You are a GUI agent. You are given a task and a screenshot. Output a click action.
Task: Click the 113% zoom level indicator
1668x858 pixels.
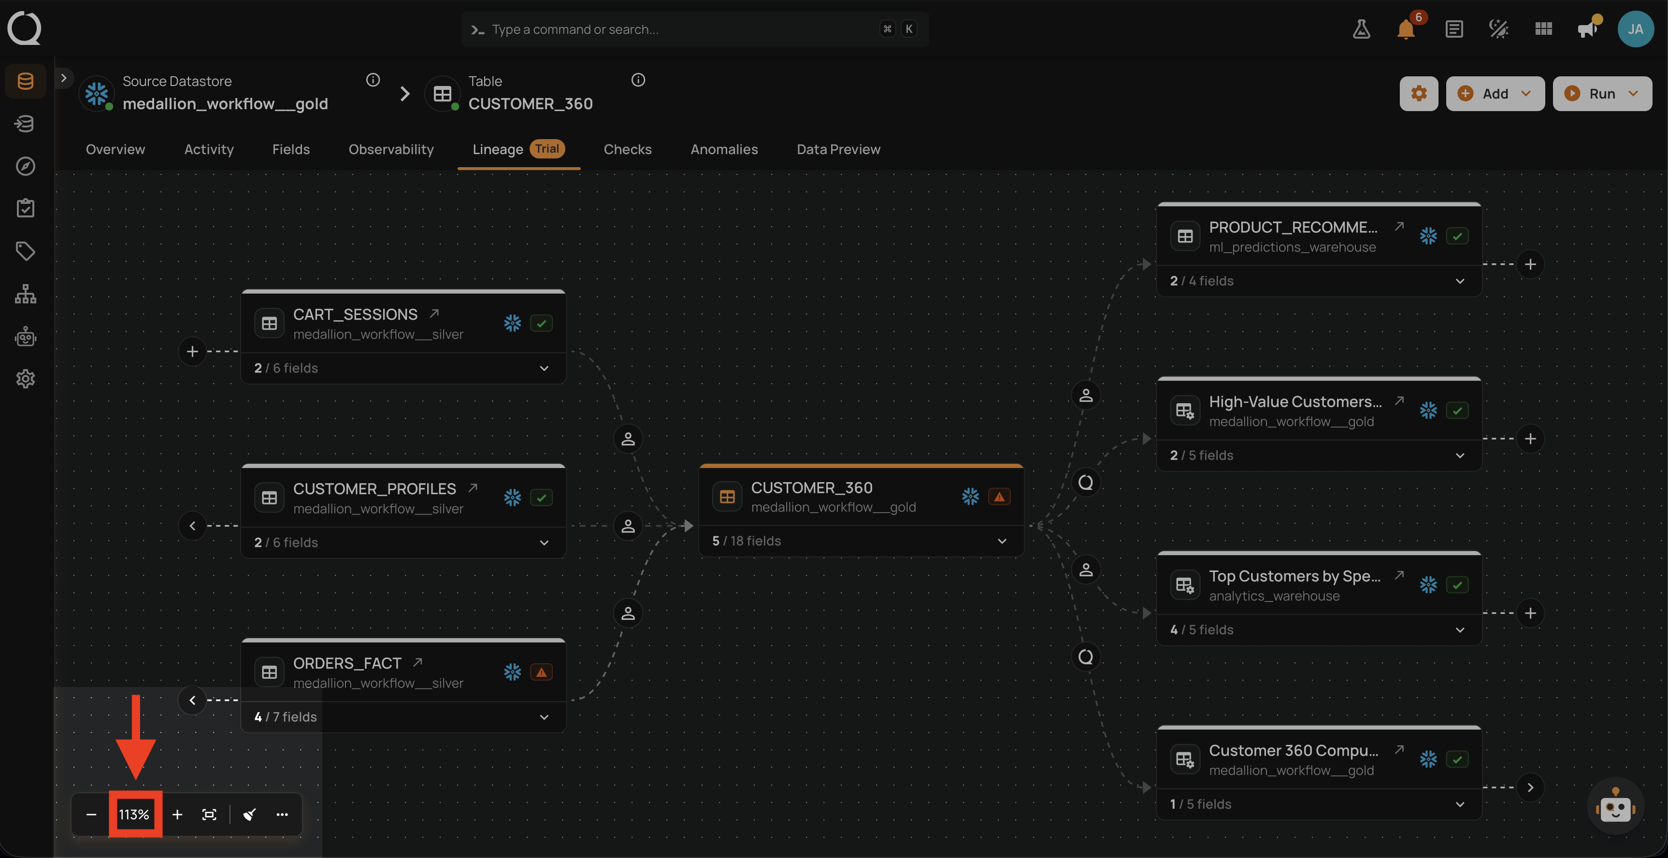point(134,814)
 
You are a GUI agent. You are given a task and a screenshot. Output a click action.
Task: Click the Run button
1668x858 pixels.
point(1602,93)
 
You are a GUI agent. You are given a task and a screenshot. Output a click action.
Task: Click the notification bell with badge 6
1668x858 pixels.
point(1406,29)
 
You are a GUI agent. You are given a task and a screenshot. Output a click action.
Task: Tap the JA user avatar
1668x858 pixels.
point(1636,29)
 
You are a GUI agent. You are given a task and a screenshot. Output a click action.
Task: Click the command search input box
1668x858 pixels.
point(695,29)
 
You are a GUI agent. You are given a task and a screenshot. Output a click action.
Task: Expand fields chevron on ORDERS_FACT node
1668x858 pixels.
point(544,717)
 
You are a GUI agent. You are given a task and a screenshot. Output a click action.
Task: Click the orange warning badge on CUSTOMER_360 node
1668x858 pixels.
point(999,497)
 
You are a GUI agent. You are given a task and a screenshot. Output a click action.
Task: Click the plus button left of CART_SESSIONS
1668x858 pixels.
point(192,351)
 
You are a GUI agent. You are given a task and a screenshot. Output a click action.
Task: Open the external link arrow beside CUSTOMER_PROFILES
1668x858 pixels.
point(473,487)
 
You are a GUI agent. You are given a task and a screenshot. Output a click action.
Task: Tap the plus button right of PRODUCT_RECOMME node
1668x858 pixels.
point(1530,264)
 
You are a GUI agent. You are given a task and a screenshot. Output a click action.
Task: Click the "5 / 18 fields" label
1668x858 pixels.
point(747,541)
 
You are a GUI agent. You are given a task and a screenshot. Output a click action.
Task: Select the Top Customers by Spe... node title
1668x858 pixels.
point(1295,576)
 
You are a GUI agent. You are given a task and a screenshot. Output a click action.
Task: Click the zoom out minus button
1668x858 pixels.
point(91,814)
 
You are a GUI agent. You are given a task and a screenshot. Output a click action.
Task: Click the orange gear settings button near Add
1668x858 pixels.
point(1419,93)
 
